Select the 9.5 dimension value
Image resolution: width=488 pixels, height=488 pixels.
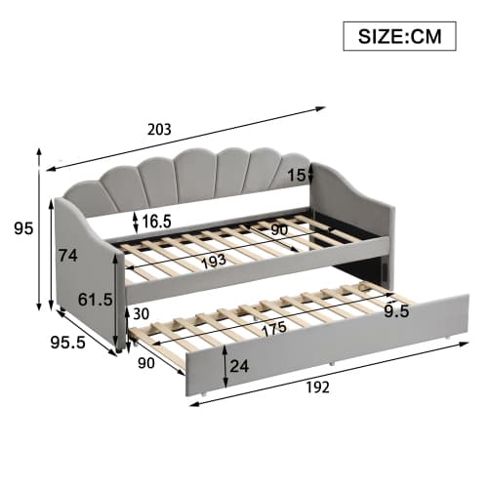click(x=396, y=313)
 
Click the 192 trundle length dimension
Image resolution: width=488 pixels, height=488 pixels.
click(x=316, y=387)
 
